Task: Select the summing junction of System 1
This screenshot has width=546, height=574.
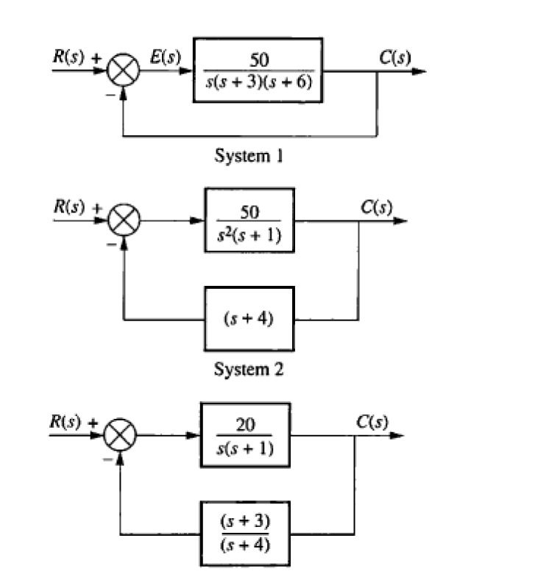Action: (x=124, y=73)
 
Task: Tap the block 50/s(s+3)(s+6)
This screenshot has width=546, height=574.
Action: (x=258, y=71)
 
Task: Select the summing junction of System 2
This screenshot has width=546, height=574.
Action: (x=124, y=220)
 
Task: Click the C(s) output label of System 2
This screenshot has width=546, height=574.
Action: (x=376, y=206)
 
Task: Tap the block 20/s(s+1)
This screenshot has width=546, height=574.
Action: (x=244, y=435)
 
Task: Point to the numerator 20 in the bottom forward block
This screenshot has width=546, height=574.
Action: (x=244, y=425)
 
